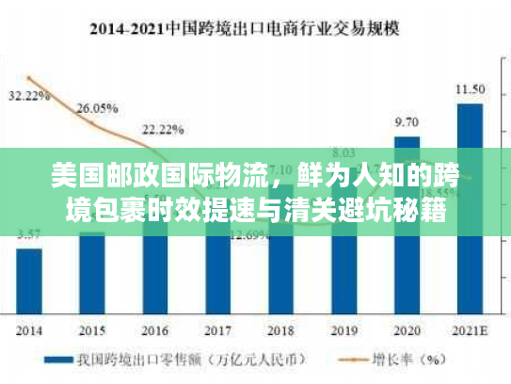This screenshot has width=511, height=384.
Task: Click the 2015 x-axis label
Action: pos(92,330)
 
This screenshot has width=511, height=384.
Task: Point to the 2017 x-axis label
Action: pos(217,330)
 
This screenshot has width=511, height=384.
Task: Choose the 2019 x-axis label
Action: pos(343,330)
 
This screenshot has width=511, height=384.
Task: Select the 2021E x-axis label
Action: pos(470,330)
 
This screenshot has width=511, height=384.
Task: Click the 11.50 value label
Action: pos(470,89)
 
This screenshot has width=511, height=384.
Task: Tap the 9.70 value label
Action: pos(407,121)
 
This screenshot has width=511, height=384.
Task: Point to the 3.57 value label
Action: pos(29,233)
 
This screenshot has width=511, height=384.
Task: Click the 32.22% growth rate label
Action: pos(29,95)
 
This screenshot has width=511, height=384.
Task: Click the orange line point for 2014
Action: pos(29,78)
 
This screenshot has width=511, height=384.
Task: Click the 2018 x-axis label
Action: pos(280,330)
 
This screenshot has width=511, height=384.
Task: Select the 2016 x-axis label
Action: pos(155,330)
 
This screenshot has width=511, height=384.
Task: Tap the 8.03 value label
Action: pos(343,152)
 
